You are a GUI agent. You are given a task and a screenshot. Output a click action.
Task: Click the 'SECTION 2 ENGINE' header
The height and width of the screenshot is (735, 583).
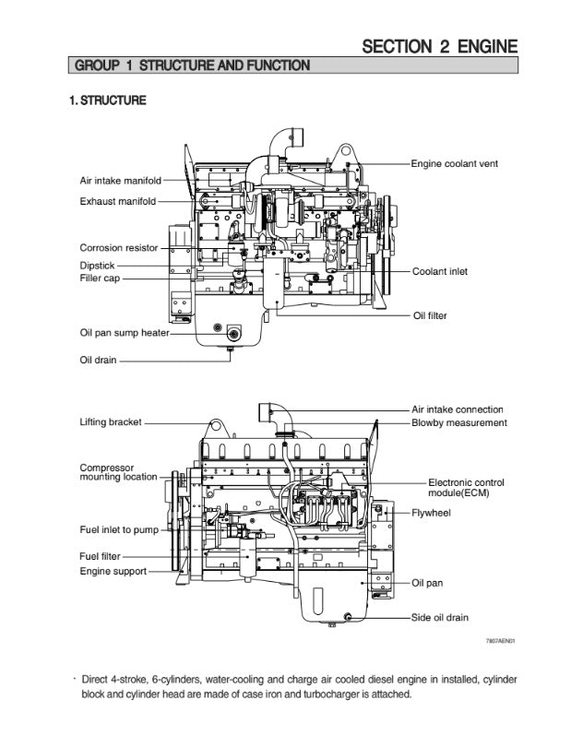tap(439, 46)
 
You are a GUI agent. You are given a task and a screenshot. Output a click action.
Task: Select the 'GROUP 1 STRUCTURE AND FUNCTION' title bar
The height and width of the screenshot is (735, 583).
tap(192, 65)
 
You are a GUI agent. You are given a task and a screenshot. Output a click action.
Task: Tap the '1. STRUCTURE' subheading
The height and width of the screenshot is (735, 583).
tap(108, 101)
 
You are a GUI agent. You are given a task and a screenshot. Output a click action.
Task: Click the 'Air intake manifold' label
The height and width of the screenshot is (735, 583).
tap(120, 180)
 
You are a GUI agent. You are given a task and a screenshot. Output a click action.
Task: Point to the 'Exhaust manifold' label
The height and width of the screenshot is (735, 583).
tap(117, 201)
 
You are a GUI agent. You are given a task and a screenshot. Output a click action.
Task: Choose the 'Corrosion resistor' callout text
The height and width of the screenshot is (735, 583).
tap(118, 248)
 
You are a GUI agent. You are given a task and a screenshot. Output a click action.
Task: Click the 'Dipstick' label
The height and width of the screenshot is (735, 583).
tap(97, 265)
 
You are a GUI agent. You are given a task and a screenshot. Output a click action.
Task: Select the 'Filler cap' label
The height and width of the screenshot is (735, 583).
tap(100, 278)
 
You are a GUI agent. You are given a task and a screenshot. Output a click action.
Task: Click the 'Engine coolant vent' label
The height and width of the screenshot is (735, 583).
tap(455, 163)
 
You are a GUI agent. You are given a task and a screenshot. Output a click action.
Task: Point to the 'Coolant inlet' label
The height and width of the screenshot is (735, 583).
tap(440, 272)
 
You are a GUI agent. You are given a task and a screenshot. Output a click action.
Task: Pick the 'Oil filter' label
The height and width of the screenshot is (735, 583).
tap(429, 316)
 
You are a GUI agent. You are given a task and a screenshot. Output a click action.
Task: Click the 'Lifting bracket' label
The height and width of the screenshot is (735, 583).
tap(111, 422)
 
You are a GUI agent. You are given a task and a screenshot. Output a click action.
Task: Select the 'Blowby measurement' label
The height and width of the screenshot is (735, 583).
tap(459, 423)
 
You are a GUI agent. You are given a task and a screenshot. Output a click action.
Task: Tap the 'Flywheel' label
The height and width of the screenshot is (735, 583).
tap(431, 512)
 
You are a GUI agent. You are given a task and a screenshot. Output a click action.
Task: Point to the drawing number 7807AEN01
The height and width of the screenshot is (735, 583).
tap(500, 640)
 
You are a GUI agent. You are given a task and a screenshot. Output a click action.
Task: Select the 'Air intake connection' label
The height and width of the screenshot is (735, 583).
tap(458, 409)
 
